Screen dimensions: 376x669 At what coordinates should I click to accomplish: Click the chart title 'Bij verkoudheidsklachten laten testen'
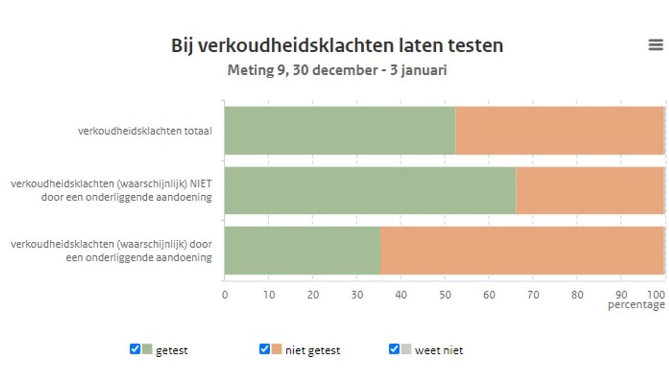(x=337, y=46)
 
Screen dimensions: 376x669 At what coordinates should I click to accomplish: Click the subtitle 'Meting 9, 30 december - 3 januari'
(x=337, y=70)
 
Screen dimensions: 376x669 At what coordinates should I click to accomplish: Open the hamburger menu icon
(x=655, y=45)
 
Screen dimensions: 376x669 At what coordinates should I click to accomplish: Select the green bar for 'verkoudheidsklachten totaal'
(x=340, y=131)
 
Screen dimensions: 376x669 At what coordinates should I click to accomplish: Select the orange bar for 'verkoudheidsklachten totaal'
(x=559, y=131)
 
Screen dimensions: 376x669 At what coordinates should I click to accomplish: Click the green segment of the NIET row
(x=370, y=191)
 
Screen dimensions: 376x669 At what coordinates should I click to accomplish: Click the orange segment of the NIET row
(x=590, y=191)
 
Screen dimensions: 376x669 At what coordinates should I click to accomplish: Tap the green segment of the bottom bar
(x=302, y=251)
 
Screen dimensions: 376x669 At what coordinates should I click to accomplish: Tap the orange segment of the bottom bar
(x=522, y=251)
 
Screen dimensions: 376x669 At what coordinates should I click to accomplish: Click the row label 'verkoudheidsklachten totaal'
(x=145, y=131)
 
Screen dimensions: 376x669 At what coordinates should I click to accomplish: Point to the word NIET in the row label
(x=201, y=184)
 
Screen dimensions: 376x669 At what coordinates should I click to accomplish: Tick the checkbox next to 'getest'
(x=135, y=349)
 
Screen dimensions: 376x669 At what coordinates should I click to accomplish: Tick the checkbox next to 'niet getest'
(x=264, y=349)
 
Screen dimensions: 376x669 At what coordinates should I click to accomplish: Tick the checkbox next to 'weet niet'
(x=394, y=349)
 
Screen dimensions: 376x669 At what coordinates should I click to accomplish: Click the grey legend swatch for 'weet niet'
(x=406, y=349)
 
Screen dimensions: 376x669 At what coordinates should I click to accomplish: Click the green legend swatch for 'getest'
(x=147, y=349)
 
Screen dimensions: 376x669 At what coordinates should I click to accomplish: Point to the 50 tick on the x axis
(x=444, y=295)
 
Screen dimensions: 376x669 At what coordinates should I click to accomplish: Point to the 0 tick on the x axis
(x=225, y=295)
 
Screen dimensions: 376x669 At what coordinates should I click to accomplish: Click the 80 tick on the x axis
(x=576, y=295)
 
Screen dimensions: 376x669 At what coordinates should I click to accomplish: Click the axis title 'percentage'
(x=636, y=305)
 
